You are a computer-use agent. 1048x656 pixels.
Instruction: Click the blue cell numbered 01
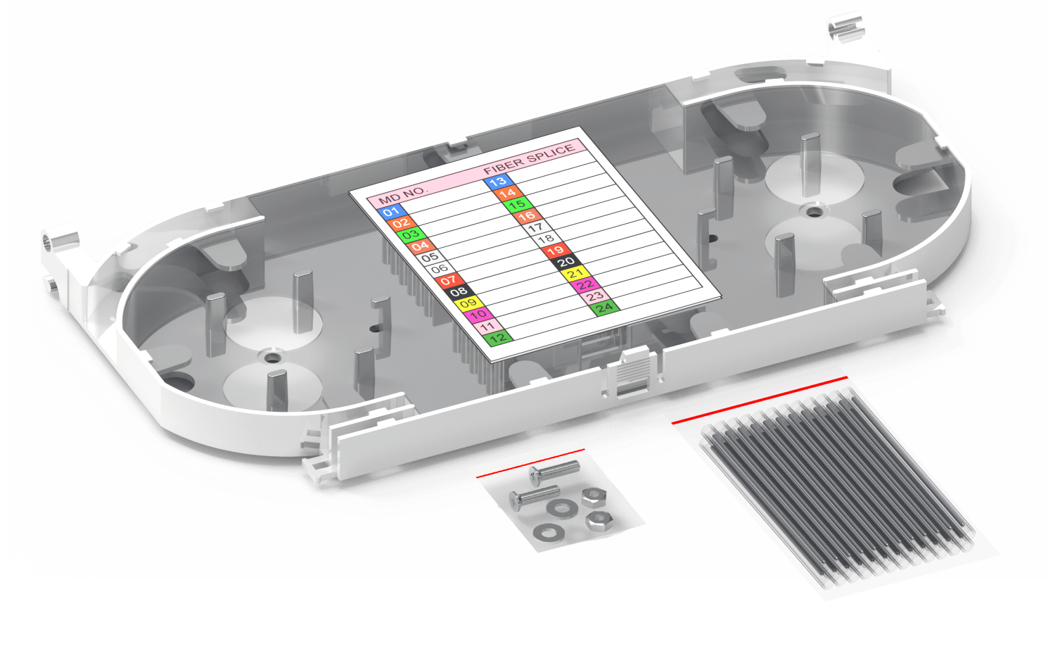pos(391,211)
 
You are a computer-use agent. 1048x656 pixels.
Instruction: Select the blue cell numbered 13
pos(498,181)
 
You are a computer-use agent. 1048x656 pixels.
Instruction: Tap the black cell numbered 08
pos(459,292)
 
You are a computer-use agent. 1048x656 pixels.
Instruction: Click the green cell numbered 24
pos(604,308)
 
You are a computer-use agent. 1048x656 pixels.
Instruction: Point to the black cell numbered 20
pos(565,262)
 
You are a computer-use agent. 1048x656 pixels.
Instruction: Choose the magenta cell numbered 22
pos(585,285)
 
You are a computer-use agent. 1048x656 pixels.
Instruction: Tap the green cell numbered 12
pos(498,338)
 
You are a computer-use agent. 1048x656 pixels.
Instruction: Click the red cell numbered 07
pos(449,280)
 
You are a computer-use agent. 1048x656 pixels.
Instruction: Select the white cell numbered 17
pos(536,227)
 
